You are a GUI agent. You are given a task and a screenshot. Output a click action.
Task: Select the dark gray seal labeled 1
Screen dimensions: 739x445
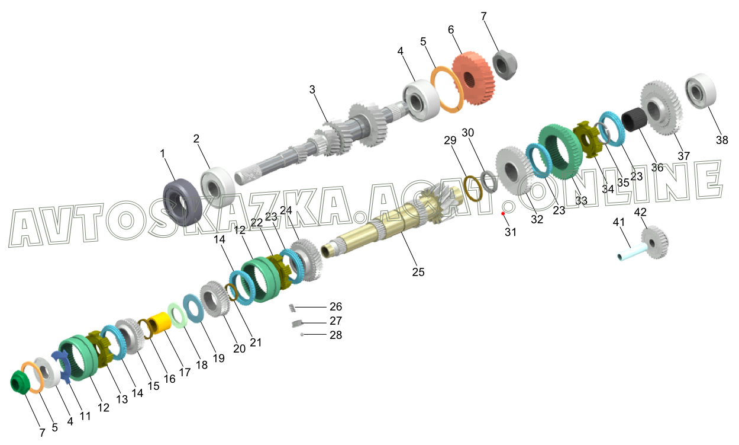click(182, 202)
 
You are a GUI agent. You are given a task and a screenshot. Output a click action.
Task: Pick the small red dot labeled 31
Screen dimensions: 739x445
click(503, 213)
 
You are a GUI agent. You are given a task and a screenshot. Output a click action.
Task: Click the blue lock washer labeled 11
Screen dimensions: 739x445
click(62, 366)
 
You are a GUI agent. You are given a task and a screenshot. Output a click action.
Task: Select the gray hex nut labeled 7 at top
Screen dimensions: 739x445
click(505, 65)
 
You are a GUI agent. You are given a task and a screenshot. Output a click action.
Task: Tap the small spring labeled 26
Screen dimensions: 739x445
click(292, 308)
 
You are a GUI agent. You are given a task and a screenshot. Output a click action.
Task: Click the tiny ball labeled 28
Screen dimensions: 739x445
click(302, 335)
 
